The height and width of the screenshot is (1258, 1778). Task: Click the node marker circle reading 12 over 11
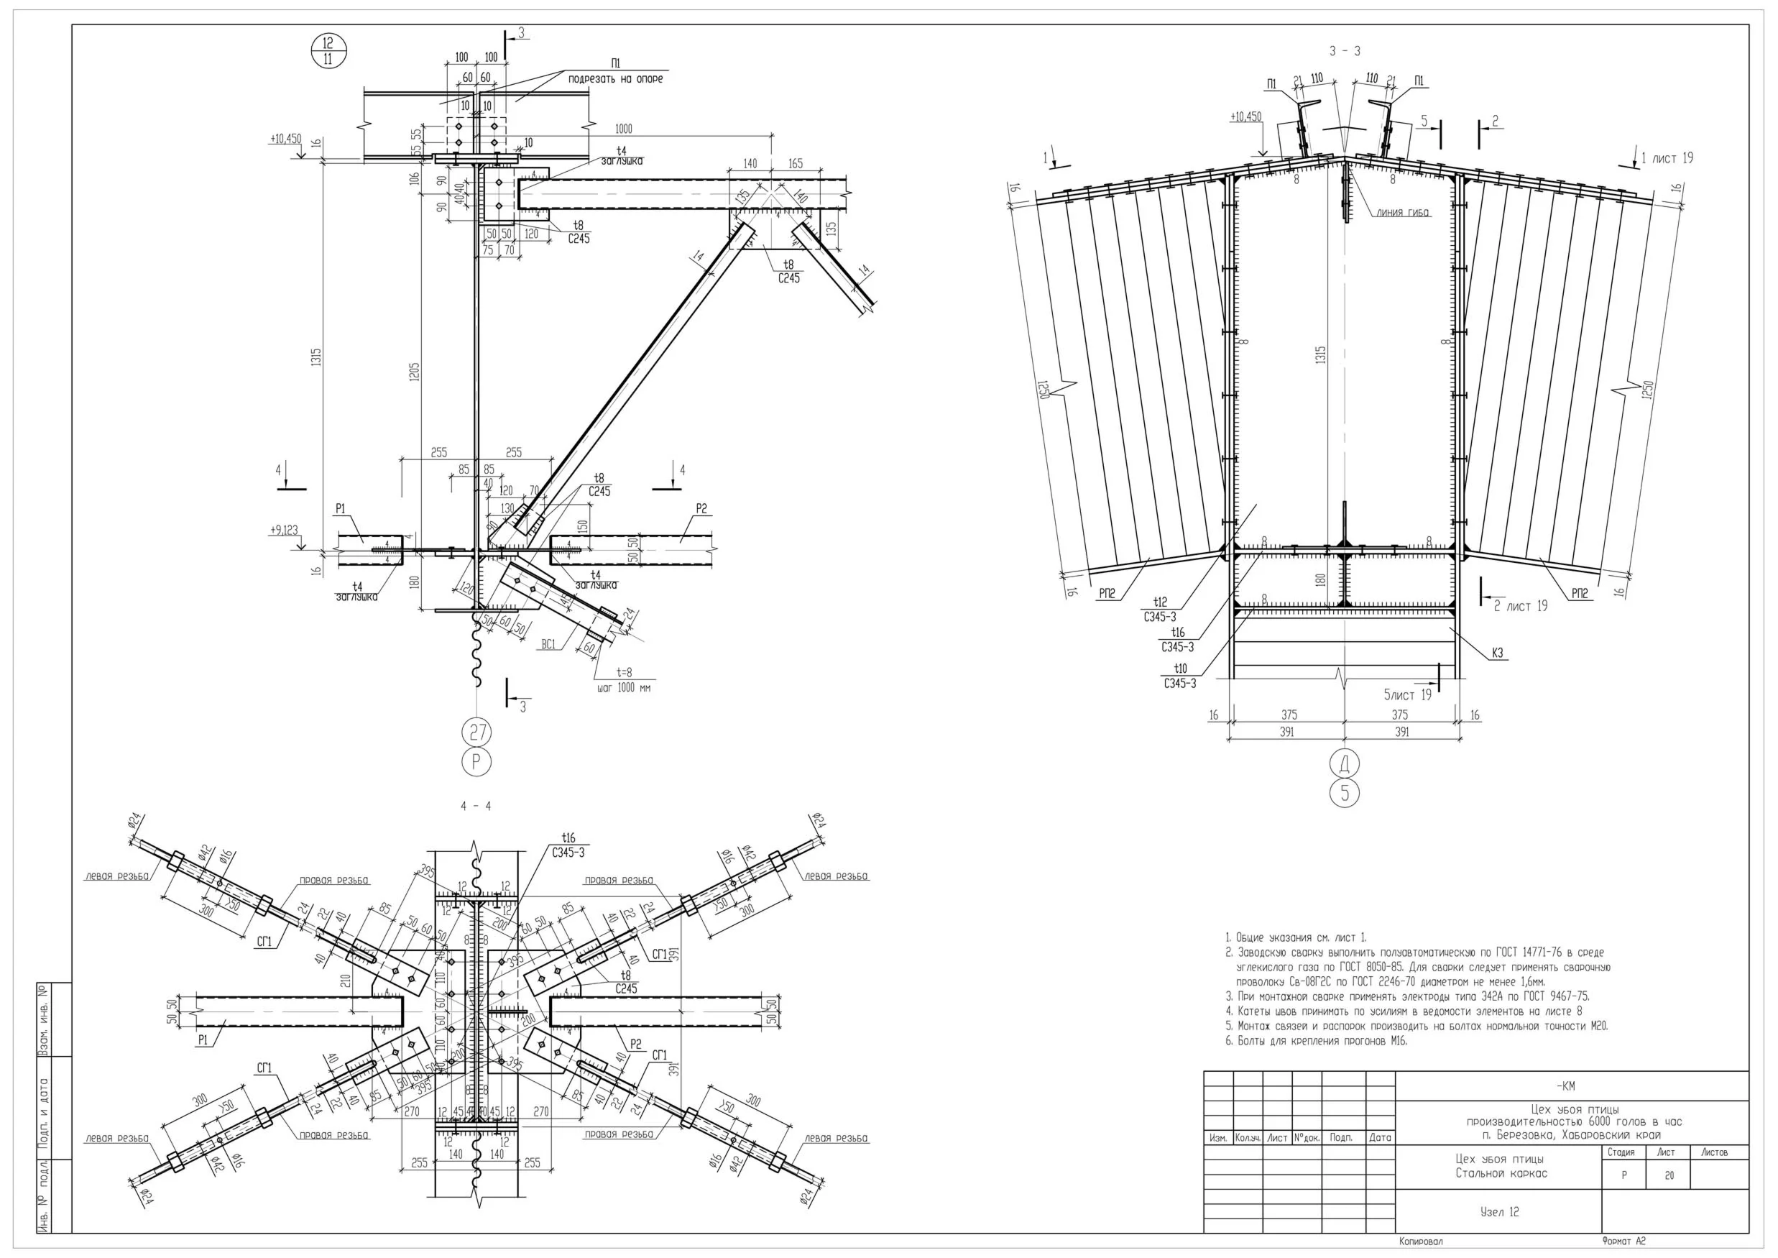(328, 51)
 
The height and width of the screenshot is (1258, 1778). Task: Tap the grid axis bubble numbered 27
(476, 731)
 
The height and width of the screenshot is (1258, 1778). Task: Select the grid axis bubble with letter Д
(1345, 763)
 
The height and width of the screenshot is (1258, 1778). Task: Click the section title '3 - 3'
(1345, 51)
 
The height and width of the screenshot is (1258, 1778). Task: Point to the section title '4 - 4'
(476, 807)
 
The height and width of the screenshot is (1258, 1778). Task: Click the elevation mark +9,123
(283, 531)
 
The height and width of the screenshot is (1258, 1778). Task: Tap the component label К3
(1498, 653)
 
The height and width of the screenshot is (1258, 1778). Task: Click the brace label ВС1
(548, 645)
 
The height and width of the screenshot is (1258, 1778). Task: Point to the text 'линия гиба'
(1402, 212)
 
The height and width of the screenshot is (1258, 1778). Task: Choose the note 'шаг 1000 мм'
(623, 687)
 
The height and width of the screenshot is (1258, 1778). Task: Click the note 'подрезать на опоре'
(616, 79)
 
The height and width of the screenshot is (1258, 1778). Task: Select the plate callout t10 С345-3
(1179, 676)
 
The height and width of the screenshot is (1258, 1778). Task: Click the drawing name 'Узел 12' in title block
(1499, 1211)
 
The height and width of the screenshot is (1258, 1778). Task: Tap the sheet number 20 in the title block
(1669, 1175)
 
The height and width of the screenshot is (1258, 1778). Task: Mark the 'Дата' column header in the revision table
(1380, 1138)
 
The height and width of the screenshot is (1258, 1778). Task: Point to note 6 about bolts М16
(1317, 1040)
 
